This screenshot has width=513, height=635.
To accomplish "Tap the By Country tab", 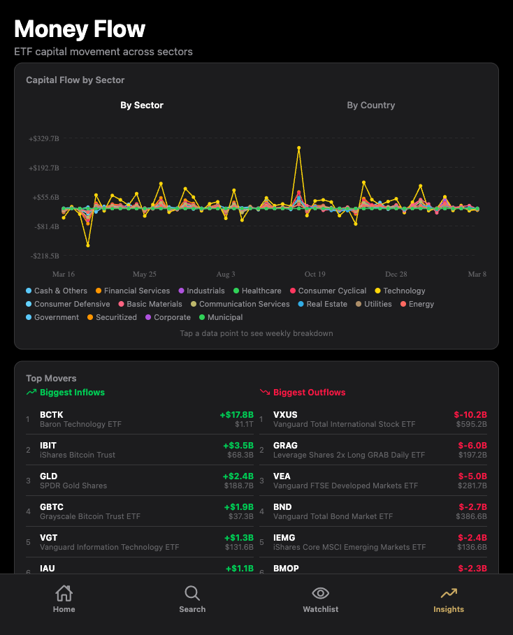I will [x=370, y=105].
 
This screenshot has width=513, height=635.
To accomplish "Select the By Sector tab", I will [x=142, y=105].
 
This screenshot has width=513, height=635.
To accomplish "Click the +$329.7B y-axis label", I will [x=43, y=138].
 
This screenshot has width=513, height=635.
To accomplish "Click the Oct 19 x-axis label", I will [x=315, y=275].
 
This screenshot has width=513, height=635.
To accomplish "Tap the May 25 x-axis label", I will [x=145, y=275].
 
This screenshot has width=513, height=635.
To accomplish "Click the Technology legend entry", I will [x=403, y=291].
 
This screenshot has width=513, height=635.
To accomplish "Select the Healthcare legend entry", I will [x=261, y=291].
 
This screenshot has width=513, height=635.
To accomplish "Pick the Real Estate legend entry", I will [x=326, y=304].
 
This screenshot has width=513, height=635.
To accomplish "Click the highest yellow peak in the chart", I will [x=299, y=147].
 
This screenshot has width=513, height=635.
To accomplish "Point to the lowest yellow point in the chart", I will [x=88, y=245].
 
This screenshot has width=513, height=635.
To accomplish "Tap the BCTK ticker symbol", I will [x=52, y=415].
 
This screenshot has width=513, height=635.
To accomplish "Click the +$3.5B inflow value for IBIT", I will [x=238, y=446].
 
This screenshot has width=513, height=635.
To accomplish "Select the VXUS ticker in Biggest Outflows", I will [x=285, y=415].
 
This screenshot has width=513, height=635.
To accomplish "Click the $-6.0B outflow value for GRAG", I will [x=472, y=446].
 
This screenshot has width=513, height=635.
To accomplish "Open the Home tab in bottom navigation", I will [x=64, y=599].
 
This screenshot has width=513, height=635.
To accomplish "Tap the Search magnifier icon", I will [x=192, y=594].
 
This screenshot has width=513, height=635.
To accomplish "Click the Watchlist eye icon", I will [x=320, y=594].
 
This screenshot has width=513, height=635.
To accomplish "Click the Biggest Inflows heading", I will [x=72, y=393].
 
